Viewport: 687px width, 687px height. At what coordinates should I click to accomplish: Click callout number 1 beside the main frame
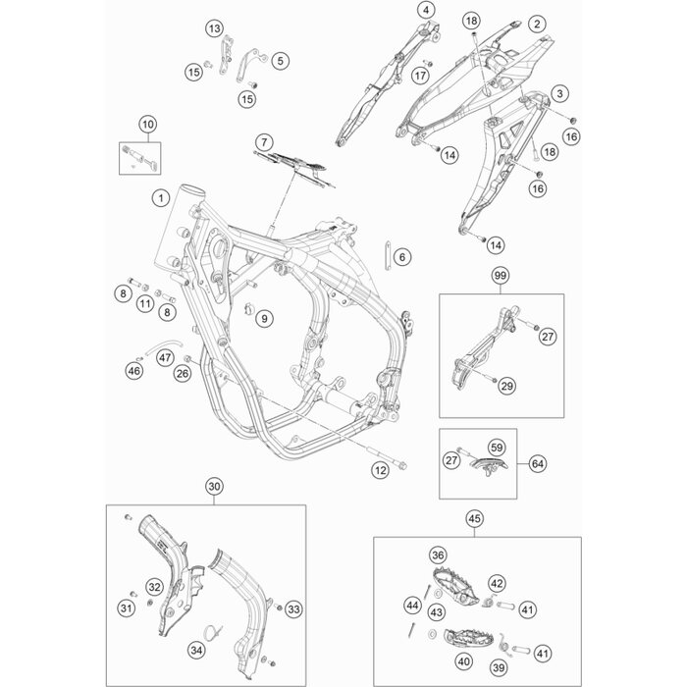[159, 198]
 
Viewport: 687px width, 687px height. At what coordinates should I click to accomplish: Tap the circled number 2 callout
[536, 23]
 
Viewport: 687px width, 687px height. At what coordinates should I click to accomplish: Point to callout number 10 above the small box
[147, 125]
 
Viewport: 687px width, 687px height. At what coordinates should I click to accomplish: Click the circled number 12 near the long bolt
[380, 471]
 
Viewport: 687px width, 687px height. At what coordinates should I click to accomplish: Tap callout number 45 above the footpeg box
[474, 519]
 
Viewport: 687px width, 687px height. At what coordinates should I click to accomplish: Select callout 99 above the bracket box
[500, 278]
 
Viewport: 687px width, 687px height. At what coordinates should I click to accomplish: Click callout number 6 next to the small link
[402, 258]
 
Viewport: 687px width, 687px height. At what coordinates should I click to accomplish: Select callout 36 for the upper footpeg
[438, 554]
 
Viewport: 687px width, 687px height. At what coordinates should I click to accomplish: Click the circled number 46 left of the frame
[134, 370]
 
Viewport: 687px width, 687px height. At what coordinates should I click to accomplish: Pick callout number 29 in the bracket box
[507, 387]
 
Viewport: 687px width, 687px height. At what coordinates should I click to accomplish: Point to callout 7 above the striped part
[264, 143]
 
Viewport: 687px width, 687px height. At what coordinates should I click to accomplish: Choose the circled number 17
[421, 75]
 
